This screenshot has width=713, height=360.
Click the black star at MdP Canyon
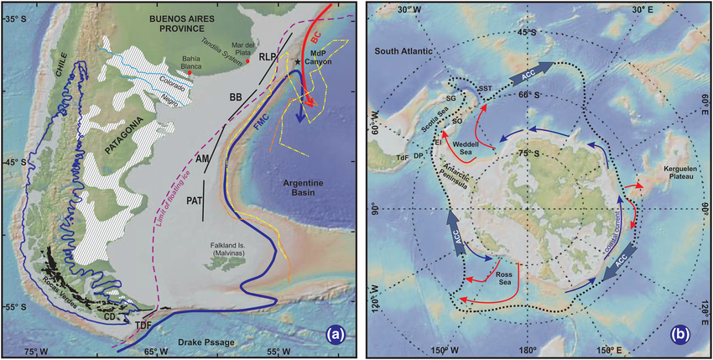(296, 63)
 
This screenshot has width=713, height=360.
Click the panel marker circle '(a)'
(337, 334)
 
